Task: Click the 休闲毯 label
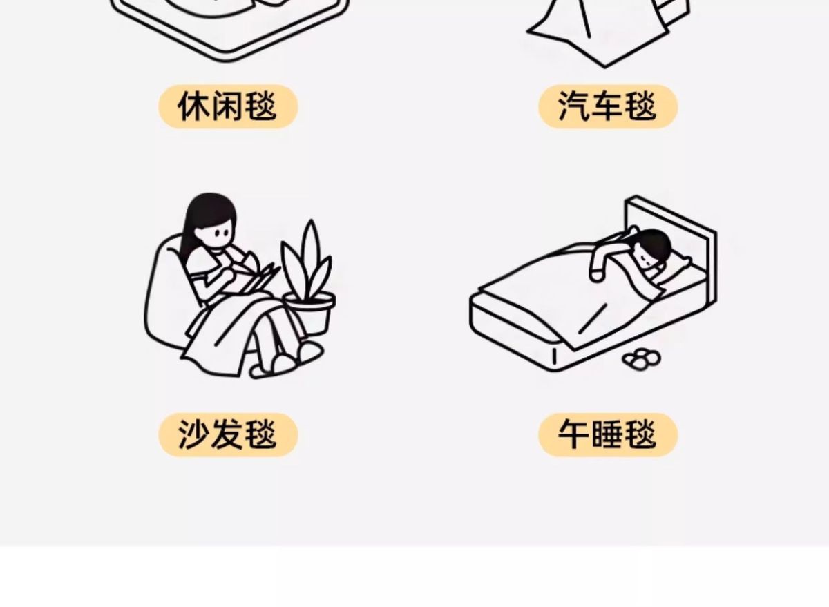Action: coord(228,107)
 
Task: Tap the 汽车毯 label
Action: coord(608,107)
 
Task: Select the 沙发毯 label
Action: coord(228,435)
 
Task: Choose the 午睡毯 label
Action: coord(608,435)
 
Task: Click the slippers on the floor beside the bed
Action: coord(641,358)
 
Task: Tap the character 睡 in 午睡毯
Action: coord(608,435)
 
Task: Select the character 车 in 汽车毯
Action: coord(608,107)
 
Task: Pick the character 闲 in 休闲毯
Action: coord(228,107)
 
